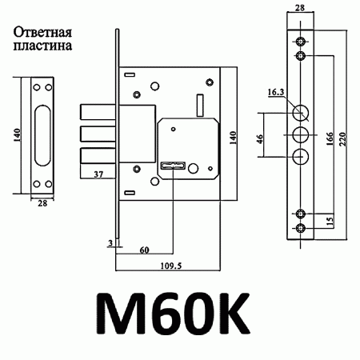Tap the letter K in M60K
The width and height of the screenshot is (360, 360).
click(218, 315)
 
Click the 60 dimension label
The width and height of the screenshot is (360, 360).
click(144, 250)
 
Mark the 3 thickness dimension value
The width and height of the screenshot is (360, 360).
click(109, 241)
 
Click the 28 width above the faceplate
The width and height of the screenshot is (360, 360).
click(300, 6)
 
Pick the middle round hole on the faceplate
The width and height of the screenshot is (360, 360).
click(300, 133)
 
